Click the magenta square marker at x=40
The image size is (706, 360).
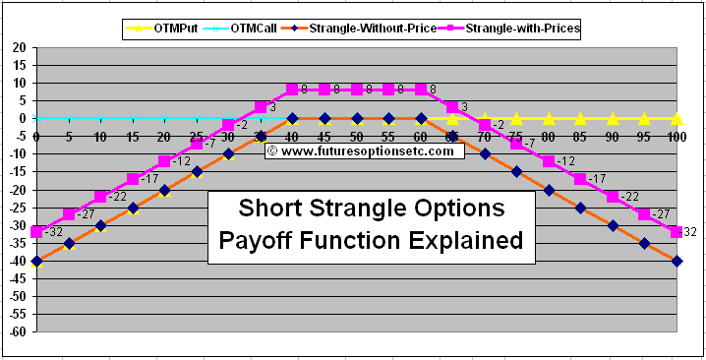(292, 90)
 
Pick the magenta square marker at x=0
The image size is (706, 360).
(36, 232)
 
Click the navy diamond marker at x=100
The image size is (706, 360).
(677, 261)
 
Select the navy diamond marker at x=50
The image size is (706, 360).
(356, 118)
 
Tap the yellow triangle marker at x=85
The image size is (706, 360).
(580, 118)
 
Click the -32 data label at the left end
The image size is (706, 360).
(54, 232)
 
